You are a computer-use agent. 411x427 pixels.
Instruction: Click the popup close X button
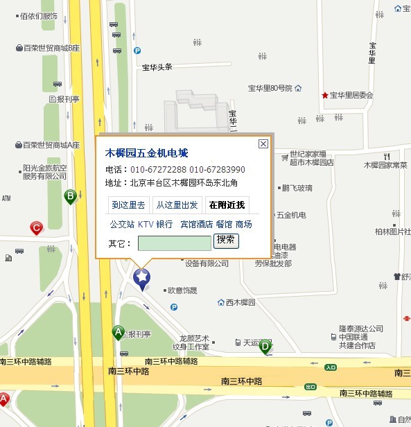(263, 144)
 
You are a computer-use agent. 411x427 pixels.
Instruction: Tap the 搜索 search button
(226, 241)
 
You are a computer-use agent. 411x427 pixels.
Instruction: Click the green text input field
(174, 243)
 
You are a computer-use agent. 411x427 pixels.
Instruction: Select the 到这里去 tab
(128, 204)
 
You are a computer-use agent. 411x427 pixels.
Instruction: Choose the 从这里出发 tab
(177, 204)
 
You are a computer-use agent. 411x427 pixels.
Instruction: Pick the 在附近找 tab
(227, 204)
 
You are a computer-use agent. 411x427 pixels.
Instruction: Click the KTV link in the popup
(146, 224)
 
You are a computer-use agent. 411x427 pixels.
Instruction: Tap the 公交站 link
(121, 224)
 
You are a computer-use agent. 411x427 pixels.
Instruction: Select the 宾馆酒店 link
(196, 224)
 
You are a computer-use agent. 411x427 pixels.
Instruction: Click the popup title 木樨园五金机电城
(146, 152)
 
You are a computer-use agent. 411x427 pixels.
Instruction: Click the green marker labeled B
(70, 196)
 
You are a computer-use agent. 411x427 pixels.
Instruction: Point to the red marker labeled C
(36, 227)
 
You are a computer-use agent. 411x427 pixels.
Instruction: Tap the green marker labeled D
(265, 346)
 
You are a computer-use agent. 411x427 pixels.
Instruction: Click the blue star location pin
(141, 278)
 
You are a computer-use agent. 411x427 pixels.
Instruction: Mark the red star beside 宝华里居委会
(324, 95)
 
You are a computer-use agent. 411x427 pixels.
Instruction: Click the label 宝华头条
(157, 67)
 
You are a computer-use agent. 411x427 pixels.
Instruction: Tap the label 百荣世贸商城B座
(51, 48)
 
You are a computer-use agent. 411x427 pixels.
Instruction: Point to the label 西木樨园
(241, 302)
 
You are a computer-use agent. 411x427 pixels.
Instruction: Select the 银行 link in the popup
(164, 224)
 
